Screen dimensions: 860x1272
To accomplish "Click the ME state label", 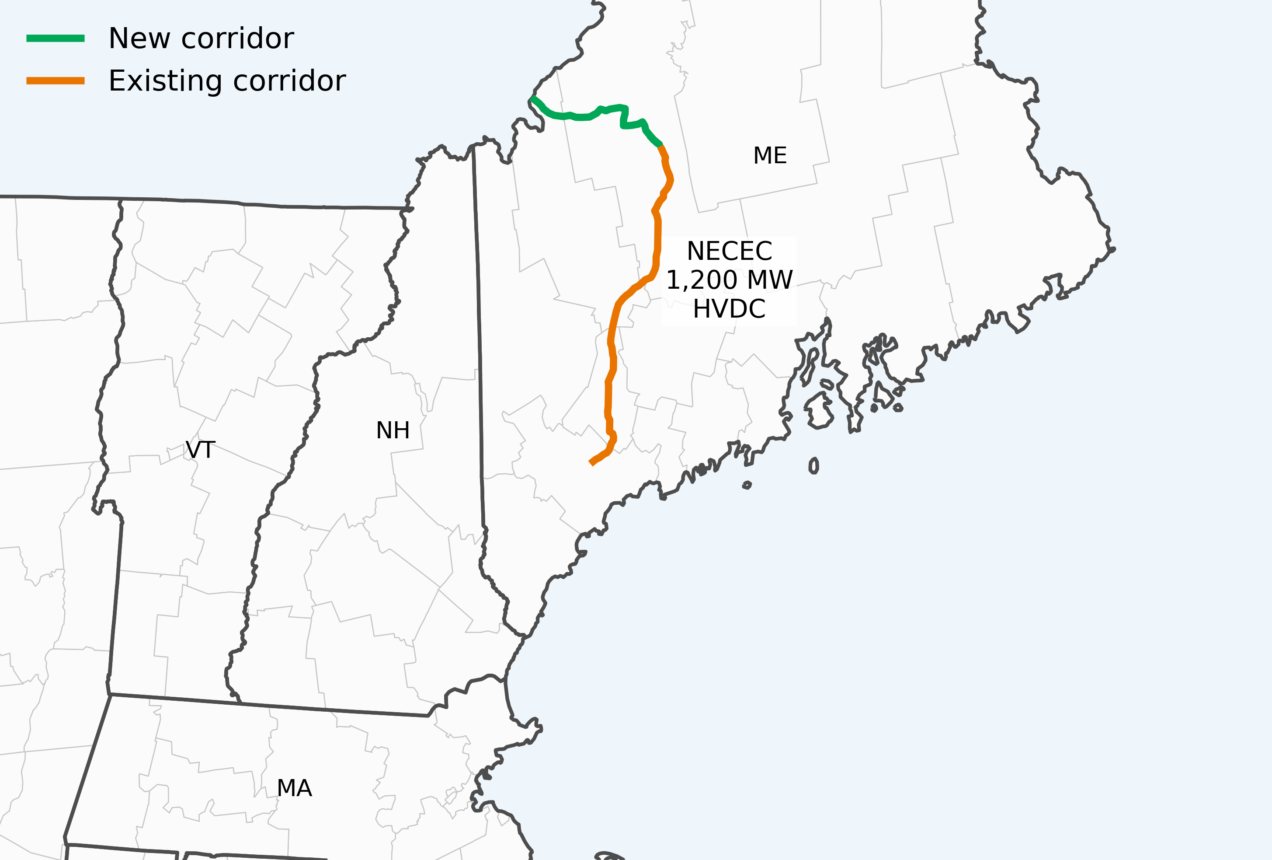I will [x=770, y=156].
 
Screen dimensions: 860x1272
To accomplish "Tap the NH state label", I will [x=393, y=430].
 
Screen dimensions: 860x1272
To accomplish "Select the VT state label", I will [x=200, y=450].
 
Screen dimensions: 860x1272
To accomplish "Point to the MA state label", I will [x=295, y=788].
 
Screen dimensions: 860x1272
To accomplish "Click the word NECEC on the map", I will [x=729, y=252].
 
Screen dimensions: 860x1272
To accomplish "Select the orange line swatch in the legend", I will [x=55, y=81].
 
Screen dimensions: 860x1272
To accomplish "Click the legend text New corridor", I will [x=201, y=38].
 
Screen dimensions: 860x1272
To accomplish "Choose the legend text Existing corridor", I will [x=226, y=81].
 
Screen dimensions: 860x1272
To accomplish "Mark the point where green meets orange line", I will [x=660, y=145].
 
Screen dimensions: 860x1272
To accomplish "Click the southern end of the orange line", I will [x=591, y=463].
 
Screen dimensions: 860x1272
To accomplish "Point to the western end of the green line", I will [x=532, y=98].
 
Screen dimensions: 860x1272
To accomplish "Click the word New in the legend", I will [x=139, y=38].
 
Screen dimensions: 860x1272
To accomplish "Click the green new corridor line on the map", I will [x=580, y=117].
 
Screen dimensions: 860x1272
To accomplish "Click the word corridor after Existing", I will [x=289, y=81].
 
